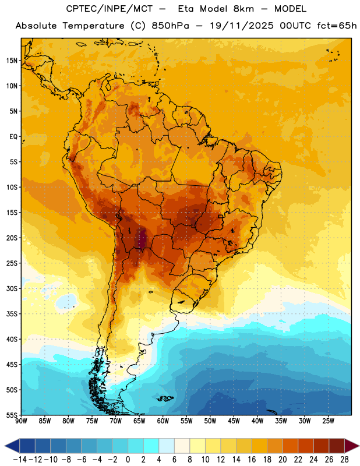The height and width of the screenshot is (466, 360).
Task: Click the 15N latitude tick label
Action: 12,61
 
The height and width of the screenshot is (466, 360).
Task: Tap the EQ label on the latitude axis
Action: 13,137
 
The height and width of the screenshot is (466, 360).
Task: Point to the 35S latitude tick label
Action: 12,314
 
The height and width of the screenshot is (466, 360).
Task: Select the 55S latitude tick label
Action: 12,415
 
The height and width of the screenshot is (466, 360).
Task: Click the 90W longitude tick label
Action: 21,421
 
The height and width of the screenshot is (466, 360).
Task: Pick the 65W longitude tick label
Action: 139,421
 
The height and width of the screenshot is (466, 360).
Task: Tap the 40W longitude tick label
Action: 257,421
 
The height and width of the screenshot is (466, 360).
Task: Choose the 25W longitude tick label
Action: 328,421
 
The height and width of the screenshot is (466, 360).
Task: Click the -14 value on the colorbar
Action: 20,460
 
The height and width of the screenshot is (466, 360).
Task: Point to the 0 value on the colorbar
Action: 128,460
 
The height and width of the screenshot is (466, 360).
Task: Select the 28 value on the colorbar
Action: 344,460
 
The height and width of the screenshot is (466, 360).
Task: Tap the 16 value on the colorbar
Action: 252,460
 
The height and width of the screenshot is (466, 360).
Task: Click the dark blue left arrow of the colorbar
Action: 12,446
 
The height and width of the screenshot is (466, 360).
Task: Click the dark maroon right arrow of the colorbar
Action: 352,446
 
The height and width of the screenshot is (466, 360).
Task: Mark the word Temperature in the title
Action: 93,26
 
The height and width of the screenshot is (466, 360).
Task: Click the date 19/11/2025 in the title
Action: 241,26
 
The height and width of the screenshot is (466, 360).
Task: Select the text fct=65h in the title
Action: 337,26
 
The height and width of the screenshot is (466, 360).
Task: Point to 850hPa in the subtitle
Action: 170,26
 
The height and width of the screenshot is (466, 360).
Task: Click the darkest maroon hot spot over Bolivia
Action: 142,239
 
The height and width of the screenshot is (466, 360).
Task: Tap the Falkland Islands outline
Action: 165,398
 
